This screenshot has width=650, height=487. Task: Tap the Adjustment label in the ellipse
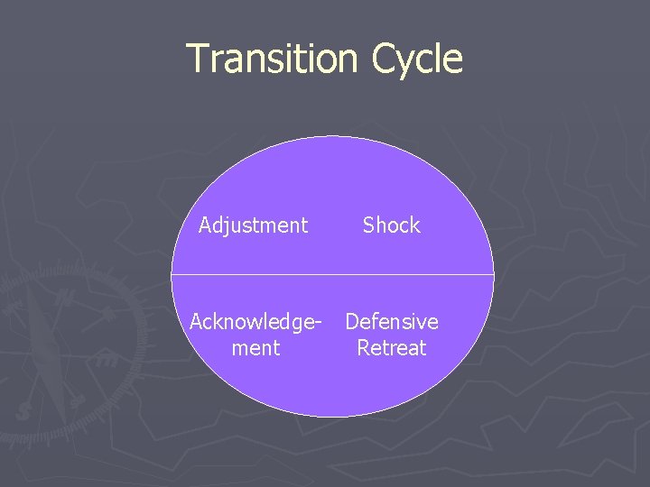(253, 225)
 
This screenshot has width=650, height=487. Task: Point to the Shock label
(391, 225)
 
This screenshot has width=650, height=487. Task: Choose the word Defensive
(392, 322)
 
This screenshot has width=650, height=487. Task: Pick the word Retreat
(391, 347)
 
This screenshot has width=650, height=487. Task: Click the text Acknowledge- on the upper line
(255, 322)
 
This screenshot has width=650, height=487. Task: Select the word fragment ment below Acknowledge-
(255, 348)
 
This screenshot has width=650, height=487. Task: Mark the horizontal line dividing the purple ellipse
(332, 273)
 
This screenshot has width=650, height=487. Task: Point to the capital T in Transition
(196, 60)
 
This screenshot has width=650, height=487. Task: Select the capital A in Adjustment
(205, 225)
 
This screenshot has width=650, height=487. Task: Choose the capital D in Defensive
(352, 322)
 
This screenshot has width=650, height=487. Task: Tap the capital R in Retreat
(363, 347)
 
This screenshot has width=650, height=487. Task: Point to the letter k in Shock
(414, 225)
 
